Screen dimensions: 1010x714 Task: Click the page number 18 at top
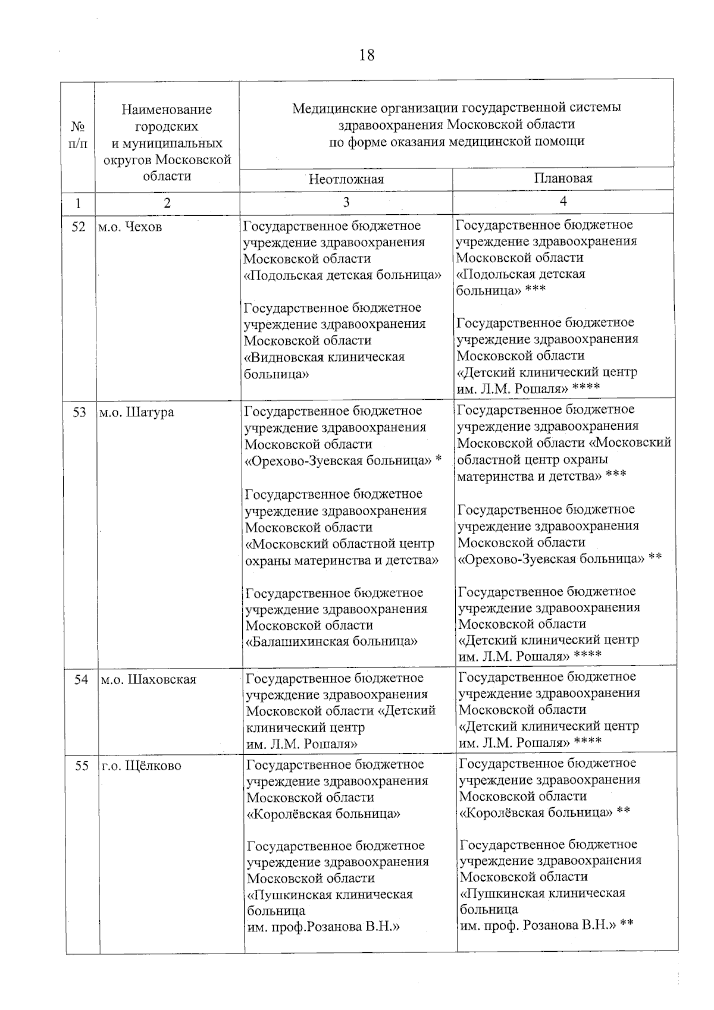click(367, 55)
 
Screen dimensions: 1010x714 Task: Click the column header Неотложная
click(346, 179)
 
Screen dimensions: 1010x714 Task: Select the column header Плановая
click(563, 178)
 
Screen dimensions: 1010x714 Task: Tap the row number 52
click(79, 227)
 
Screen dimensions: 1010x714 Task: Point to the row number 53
click(79, 412)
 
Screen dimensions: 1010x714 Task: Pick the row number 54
click(81, 679)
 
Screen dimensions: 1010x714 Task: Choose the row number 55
click(82, 766)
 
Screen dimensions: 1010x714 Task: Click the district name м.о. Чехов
click(130, 227)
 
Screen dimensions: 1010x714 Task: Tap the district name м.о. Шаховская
click(148, 679)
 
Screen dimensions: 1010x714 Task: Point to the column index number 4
click(563, 201)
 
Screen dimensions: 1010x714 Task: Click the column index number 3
click(346, 202)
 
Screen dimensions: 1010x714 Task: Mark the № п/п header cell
click(78, 136)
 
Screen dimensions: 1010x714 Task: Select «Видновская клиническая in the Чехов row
click(325, 357)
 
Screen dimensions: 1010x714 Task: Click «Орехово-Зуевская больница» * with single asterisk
click(343, 460)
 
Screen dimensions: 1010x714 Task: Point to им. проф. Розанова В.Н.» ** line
click(546, 926)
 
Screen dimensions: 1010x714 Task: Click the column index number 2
click(167, 202)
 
